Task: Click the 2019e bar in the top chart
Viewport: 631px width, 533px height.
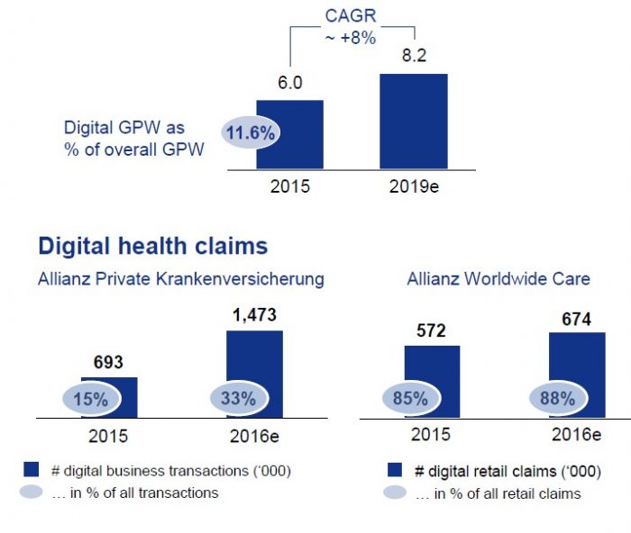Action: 413,120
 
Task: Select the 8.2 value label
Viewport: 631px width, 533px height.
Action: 413,56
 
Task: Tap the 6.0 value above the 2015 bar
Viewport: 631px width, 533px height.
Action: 288,83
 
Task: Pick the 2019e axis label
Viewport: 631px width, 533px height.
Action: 413,187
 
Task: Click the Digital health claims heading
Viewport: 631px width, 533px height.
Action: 152,245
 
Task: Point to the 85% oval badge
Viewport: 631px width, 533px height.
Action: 410,398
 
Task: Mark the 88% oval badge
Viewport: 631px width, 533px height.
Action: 556,398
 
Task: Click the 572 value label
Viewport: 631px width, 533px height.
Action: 431,330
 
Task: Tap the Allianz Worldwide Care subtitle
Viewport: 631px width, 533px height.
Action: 498,279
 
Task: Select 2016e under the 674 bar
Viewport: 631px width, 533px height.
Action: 576,435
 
